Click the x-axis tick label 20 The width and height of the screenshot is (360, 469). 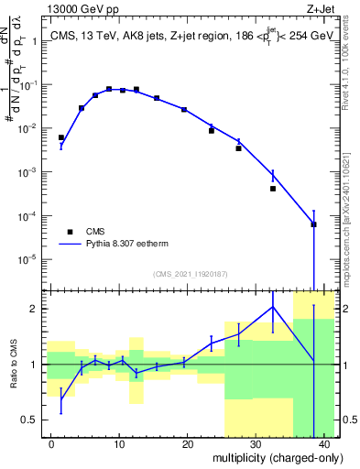pyautogui.click(x=187, y=442)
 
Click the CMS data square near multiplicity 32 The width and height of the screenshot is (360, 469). pyautogui.click(x=273, y=189)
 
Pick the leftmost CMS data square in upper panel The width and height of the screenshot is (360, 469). pyautogui.click(x=61, y=137)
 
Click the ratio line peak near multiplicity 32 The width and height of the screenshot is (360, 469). pyautogui.click(x=273, y=306)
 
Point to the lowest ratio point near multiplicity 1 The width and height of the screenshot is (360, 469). pyautogui.click(x=61, y=398)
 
